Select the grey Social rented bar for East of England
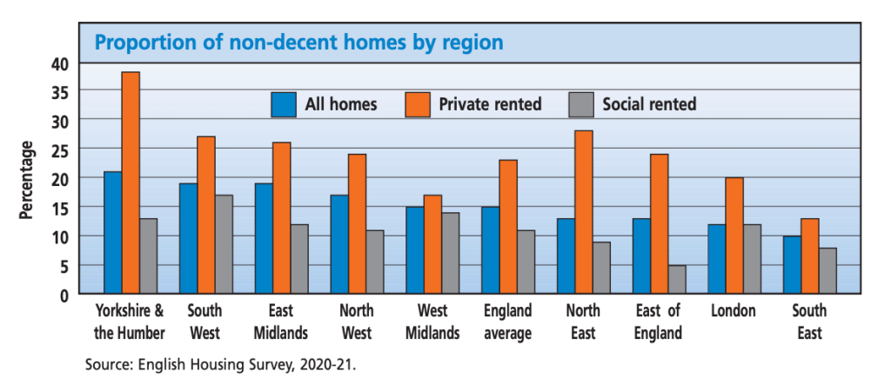click(x=676, y=279)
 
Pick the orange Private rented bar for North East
click(x=584, y=212)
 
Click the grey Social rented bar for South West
click(x=224, y=244)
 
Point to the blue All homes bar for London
click(x=717, y=259)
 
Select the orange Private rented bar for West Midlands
click(x=432, y=244)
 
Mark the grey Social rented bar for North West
click(x=375, y=262)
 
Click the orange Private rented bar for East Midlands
click(x=281, y=218)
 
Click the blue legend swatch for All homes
click(x=284, y=104)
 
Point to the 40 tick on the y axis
click(x=58, y=63)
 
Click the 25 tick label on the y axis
click(x=58, y=149)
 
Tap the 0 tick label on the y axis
click(x=64, y=295)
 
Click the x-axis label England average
click(x=507, y=322)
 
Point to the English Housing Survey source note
click(x=220, y=364)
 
